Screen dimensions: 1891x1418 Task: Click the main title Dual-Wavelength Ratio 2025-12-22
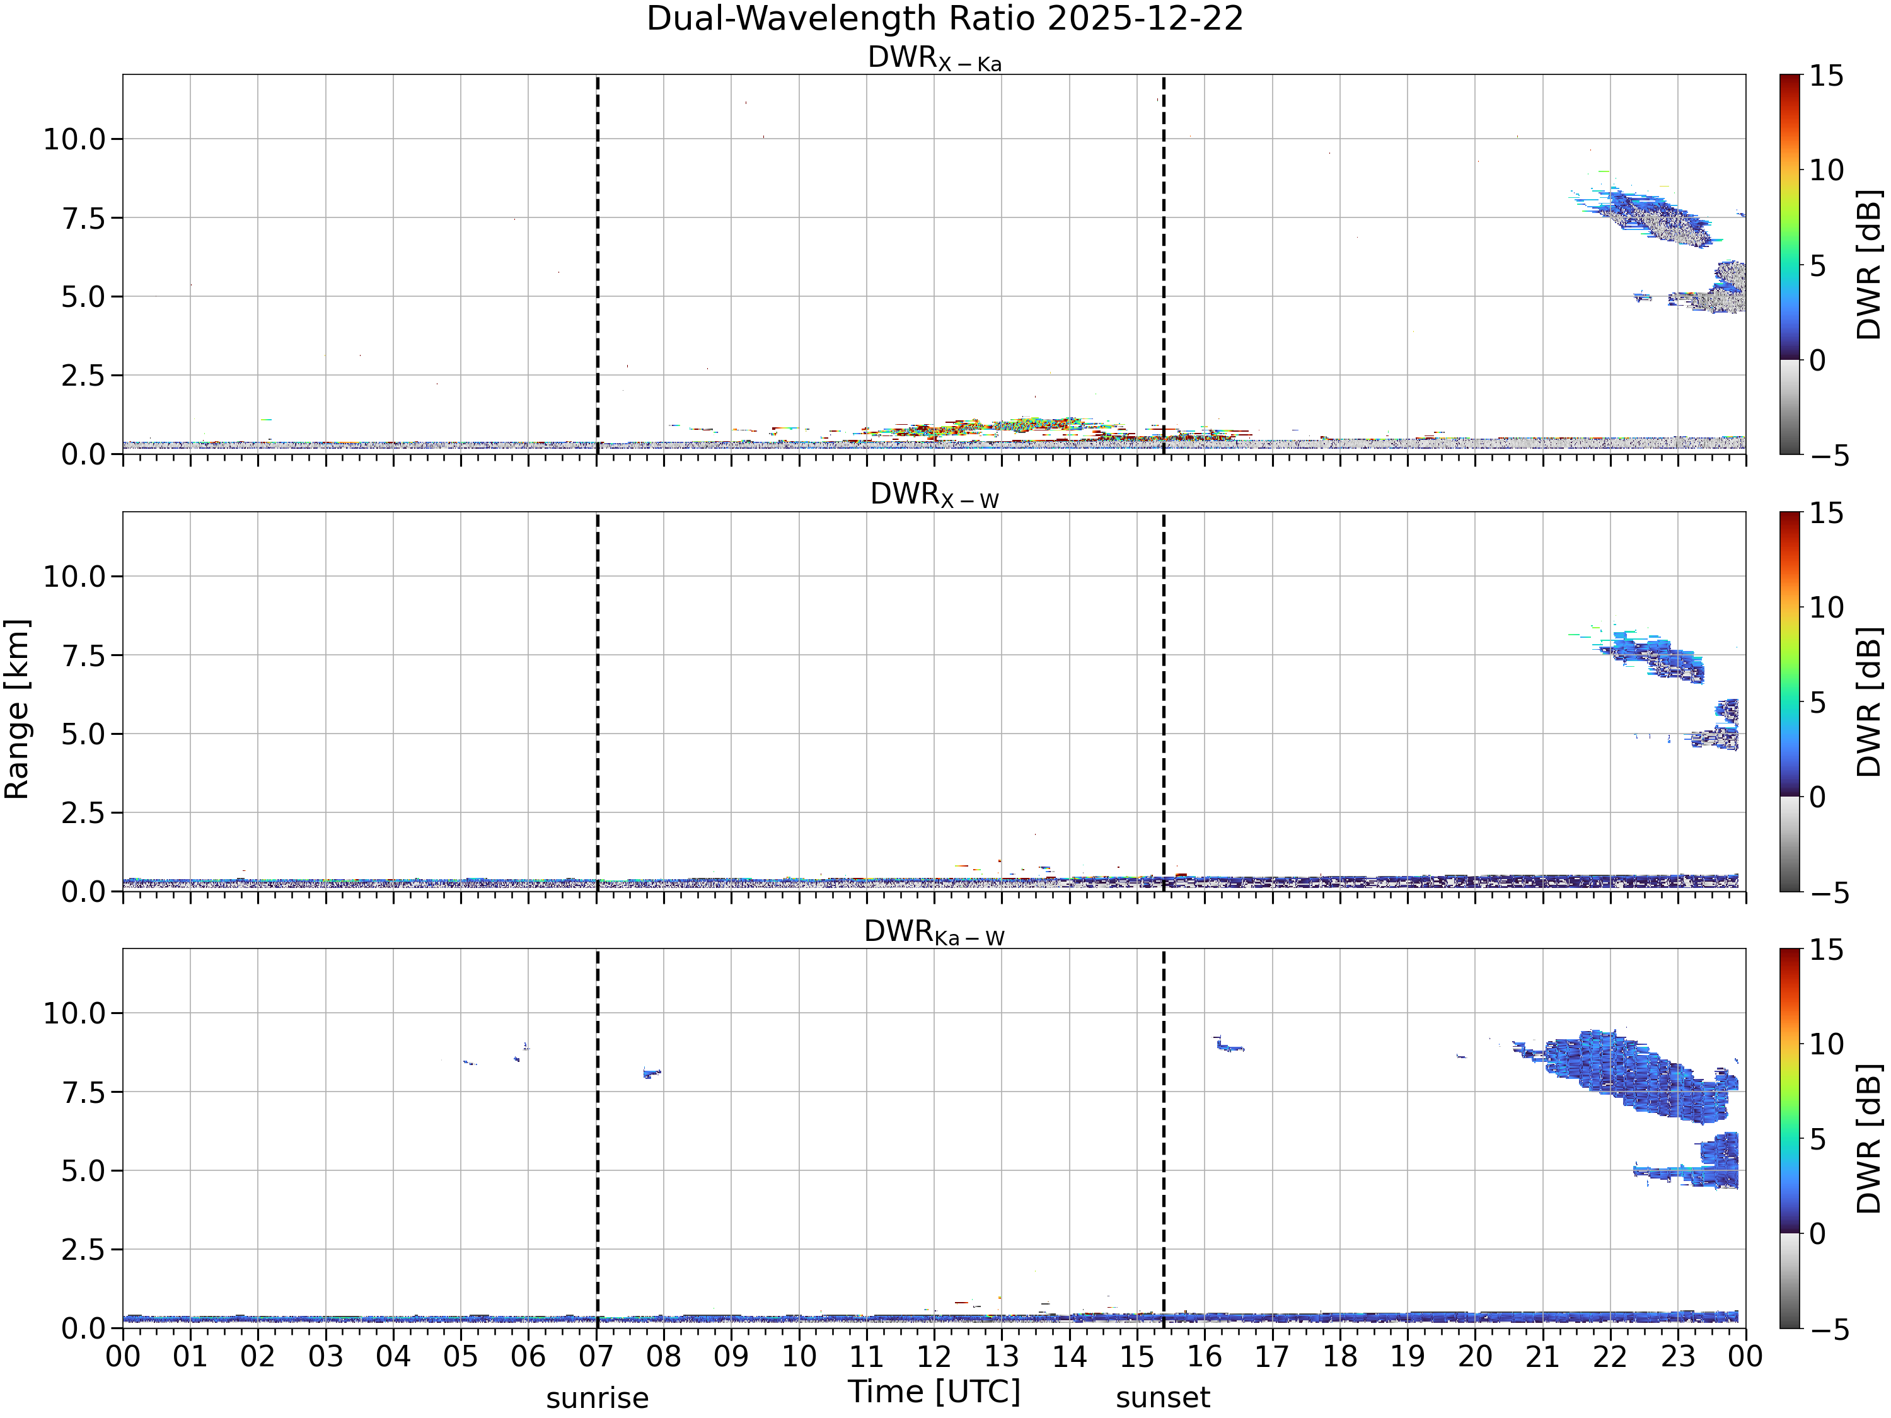(945, 19)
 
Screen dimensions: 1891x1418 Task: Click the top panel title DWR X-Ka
(934, 58)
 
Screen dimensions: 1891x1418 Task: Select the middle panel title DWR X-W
(934, 495)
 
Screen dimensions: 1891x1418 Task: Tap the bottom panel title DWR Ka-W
(934, 931)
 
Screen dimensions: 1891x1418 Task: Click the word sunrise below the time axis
(598, 1398)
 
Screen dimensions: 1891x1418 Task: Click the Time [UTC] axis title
(934, 1392)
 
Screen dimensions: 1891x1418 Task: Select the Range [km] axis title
(17, 710)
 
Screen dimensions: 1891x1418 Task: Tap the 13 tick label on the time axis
(1002, 1356)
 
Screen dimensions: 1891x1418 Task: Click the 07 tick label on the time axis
(597, 1356)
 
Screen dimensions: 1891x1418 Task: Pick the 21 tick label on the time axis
(1542, 1356)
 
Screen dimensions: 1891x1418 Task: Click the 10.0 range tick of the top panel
(74, 139)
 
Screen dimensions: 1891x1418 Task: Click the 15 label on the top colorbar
(1826, 76)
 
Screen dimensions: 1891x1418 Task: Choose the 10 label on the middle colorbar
(1826, 608)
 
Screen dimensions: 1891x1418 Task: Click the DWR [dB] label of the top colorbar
(1870, 265)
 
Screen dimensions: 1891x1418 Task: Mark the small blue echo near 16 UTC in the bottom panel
(1229, 1044)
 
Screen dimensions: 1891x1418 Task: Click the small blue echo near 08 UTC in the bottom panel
(652, 1073)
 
